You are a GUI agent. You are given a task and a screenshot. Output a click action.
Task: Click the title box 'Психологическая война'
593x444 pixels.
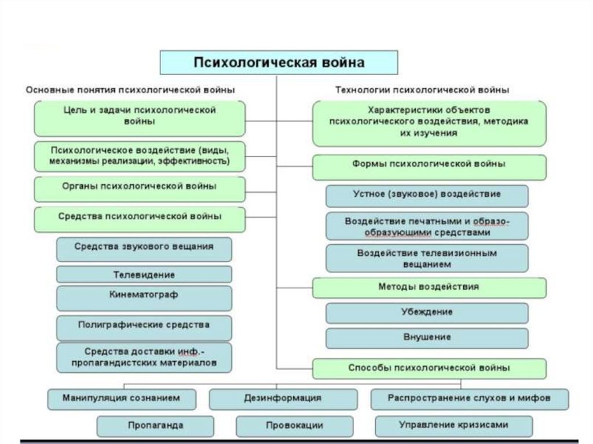279,62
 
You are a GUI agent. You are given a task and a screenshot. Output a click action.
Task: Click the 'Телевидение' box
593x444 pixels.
144,274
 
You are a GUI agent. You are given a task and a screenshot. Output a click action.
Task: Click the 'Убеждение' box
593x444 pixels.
427,313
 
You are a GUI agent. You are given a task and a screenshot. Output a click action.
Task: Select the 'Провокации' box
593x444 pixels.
295,426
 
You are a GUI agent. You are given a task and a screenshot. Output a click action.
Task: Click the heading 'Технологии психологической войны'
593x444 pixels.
423,90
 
